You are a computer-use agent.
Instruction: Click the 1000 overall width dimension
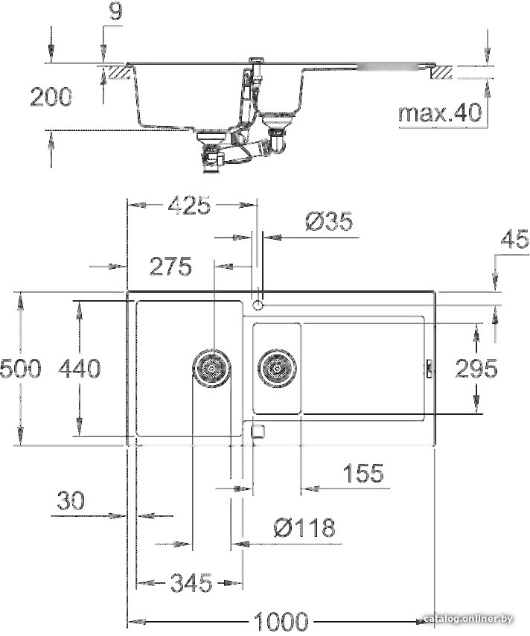pyautogui.click(x=281, y=620)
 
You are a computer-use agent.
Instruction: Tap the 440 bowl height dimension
pyautogui.click(x=79, y=368)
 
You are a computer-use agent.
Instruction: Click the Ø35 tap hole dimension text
pyautogui.click(x=328, y=222)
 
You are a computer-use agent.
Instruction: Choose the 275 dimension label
pyautogui.click(x=170, y=266)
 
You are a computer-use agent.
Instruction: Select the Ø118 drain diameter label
pyautogui.click(x=304, y=528)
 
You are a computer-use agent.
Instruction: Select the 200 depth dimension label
pyautogui.click(x=51, y=96)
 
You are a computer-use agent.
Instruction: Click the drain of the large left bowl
pyautogui.click(x=211, y=367)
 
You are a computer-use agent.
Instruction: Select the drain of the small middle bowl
pyautogui.click(x=276, y=367)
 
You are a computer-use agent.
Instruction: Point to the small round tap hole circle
pyautogui.click(x=258, y=305)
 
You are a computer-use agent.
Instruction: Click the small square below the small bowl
pyautogui.click(x=258, y=430)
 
